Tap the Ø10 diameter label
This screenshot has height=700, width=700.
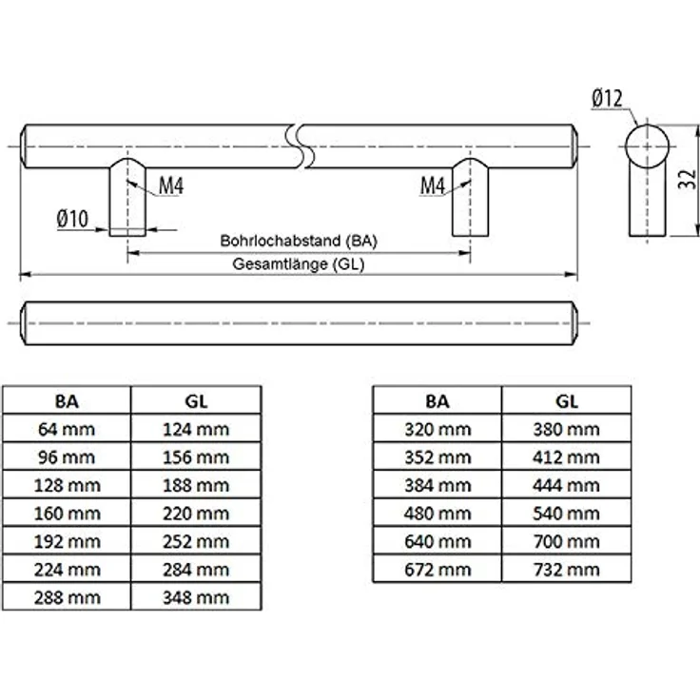(72, 219)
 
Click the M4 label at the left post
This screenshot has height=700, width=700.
(170, 185)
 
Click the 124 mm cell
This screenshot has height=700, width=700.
(196, 429)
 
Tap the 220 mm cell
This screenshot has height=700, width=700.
(196, 513)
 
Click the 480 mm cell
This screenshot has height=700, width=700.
(437, 513)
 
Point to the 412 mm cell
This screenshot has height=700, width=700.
(567, 457)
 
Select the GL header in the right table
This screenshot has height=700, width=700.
(567, 400)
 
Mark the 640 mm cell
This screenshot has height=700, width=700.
(437, 541)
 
